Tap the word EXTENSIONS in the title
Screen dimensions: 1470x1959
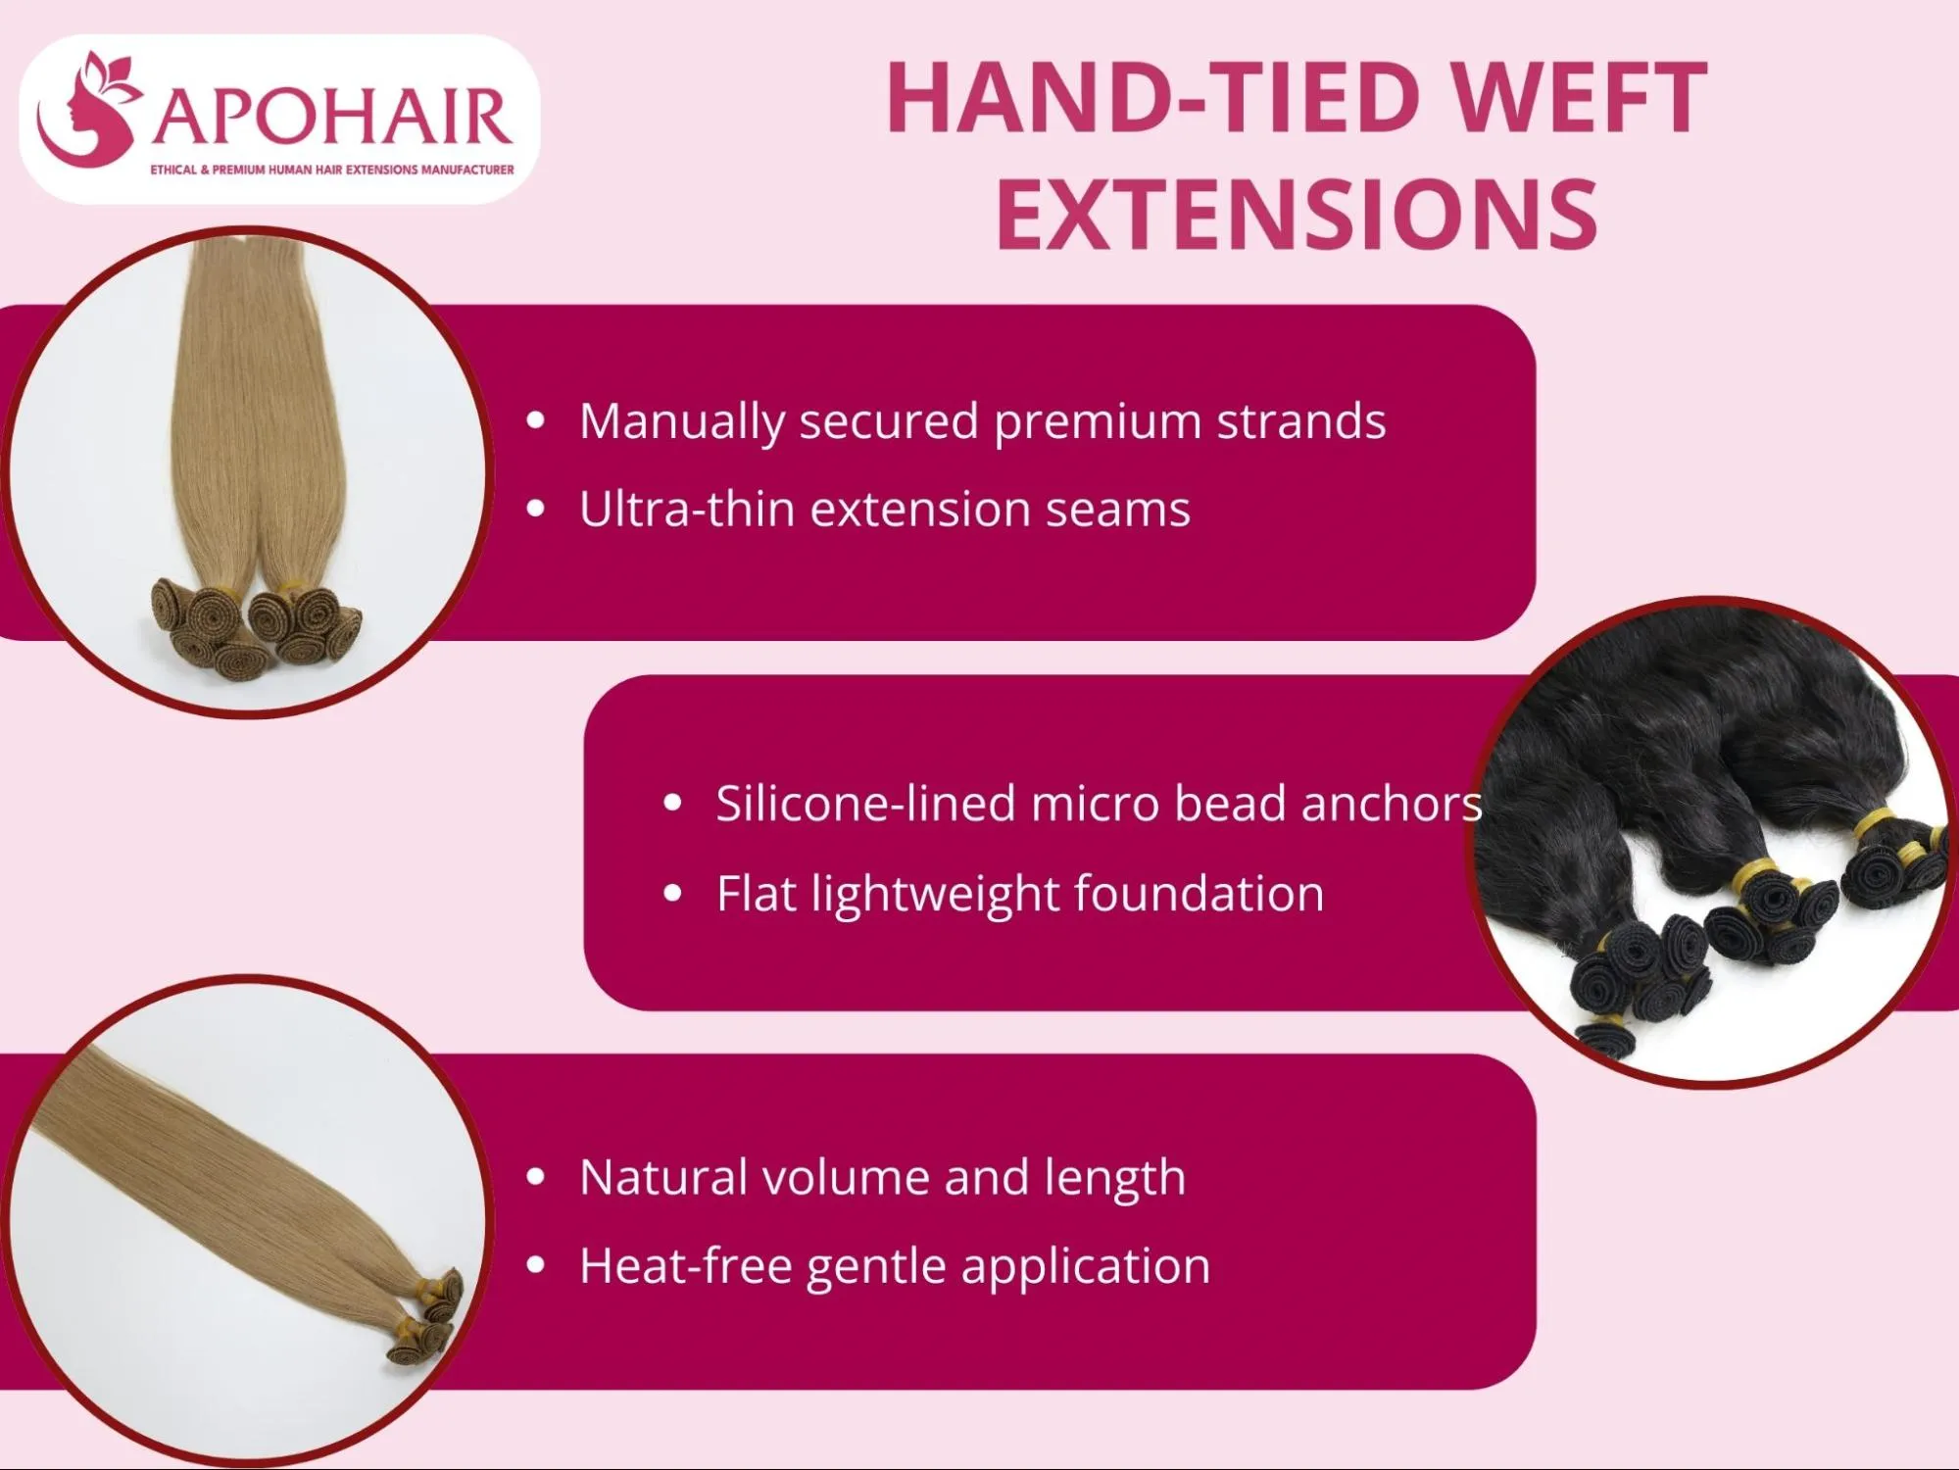click(1297, 214)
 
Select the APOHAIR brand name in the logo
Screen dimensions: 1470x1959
click(332, 117)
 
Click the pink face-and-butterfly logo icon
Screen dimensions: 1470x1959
click(88, 111)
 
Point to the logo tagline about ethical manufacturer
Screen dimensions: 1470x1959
click(331, 170)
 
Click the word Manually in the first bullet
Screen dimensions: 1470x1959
click(682, 422)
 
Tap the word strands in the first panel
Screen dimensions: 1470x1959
click(1300, 421)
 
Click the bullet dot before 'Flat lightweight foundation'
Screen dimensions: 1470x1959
click(672, 893)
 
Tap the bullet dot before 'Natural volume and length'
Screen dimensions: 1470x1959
click(535, 1177)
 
